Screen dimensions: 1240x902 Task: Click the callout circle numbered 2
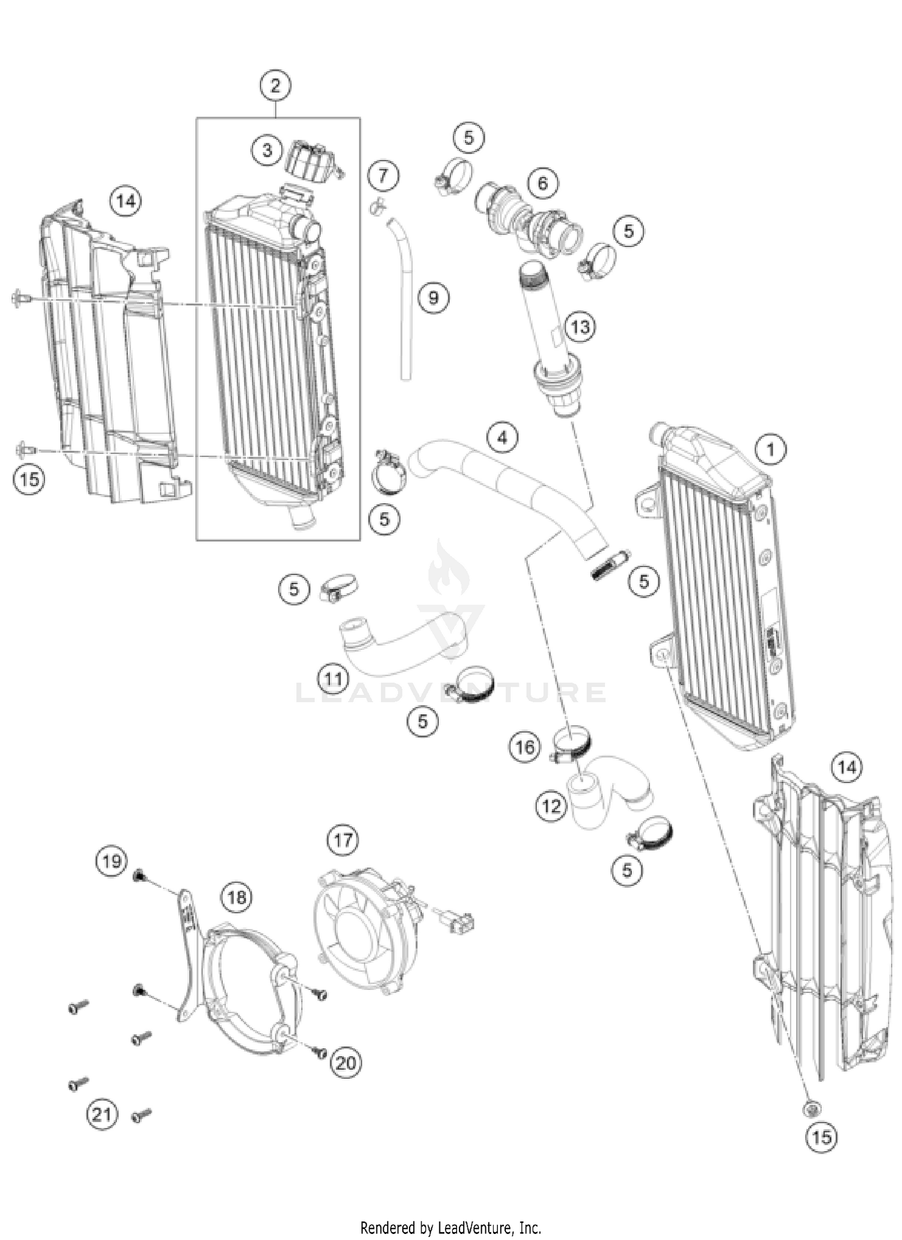(x=275, y=86)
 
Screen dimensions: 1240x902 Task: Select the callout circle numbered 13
(x=580, y=328)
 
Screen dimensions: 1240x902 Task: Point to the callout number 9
(x=434, y=298)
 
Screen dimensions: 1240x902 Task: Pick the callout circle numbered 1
(x=771, y=449)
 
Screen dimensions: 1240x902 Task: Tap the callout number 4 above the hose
(x=502, y=438)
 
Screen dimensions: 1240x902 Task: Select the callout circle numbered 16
(x=524, y=747)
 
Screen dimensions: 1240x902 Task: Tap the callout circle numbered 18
(x=236, y=897)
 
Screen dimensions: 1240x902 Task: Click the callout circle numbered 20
(x=345, y=1063)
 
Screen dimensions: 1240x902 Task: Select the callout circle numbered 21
(x=101, y=1115)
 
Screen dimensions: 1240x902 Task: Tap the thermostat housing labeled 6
(x=529, y=222)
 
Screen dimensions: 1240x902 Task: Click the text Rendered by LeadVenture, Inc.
(x=450, y=1227)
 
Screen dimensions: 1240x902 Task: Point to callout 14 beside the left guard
(x=126, y=201)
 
